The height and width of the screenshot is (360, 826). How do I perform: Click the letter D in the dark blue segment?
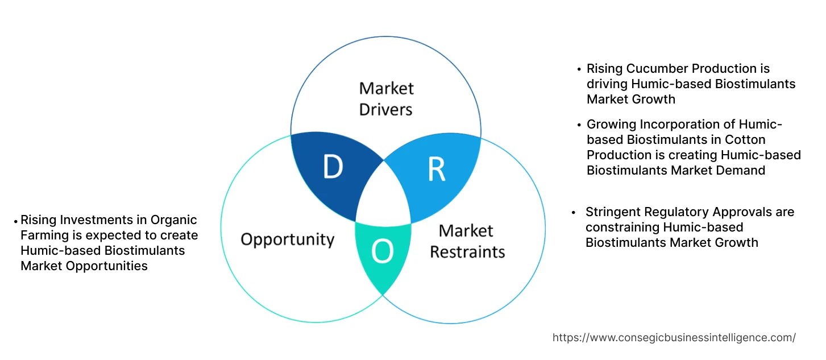point(333,167)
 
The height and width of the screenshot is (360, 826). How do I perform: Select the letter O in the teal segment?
point(383,251)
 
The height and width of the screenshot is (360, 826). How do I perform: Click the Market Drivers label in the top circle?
point(386,98)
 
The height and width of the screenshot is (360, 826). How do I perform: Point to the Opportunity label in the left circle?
point(287,239)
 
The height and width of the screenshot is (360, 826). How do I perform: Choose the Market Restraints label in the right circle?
point(467,241)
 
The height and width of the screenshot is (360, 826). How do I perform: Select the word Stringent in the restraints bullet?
point(613,212)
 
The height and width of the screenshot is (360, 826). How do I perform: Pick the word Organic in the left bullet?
point(175,220)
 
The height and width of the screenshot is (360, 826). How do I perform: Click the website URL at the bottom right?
point(674,338)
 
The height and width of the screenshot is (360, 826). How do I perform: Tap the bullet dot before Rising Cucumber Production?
point(579,69)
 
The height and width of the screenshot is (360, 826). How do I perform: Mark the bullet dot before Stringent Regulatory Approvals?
point(574,213)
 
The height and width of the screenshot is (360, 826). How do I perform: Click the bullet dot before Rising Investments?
point(16,221)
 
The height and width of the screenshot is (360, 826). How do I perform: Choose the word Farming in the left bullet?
point(43,235)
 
